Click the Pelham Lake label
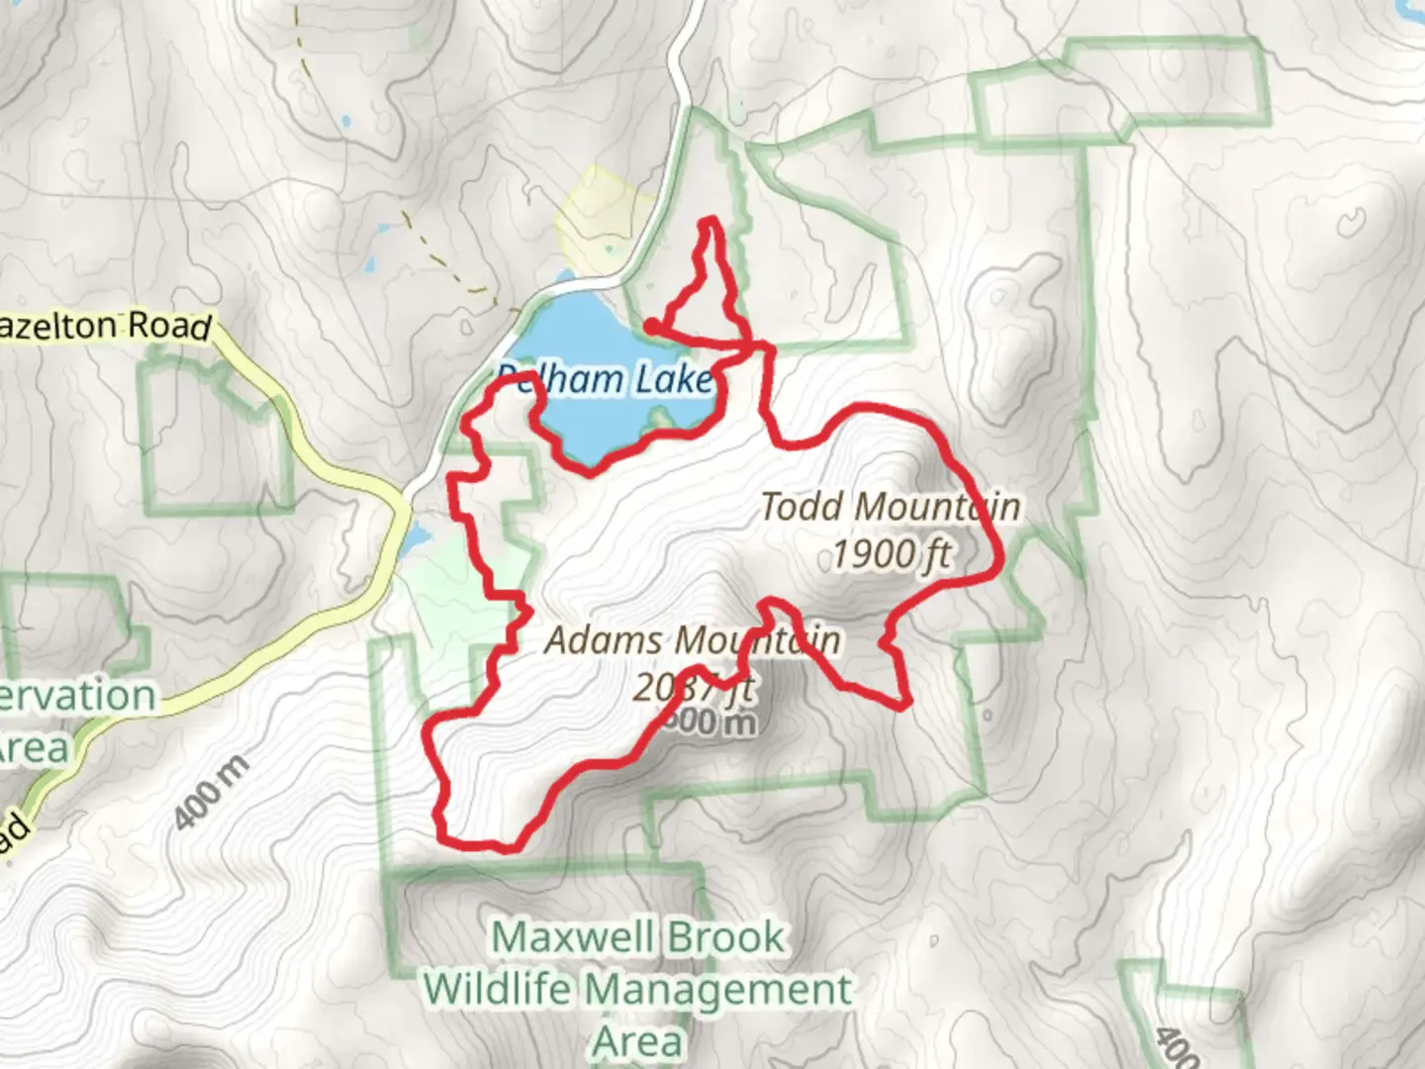pos(605,379)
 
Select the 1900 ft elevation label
pos(891,554)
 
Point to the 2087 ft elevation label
pos(693,686)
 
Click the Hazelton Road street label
pos(105,326)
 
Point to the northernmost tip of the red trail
pos(709,221)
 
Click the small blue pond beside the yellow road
pos(417,538)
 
